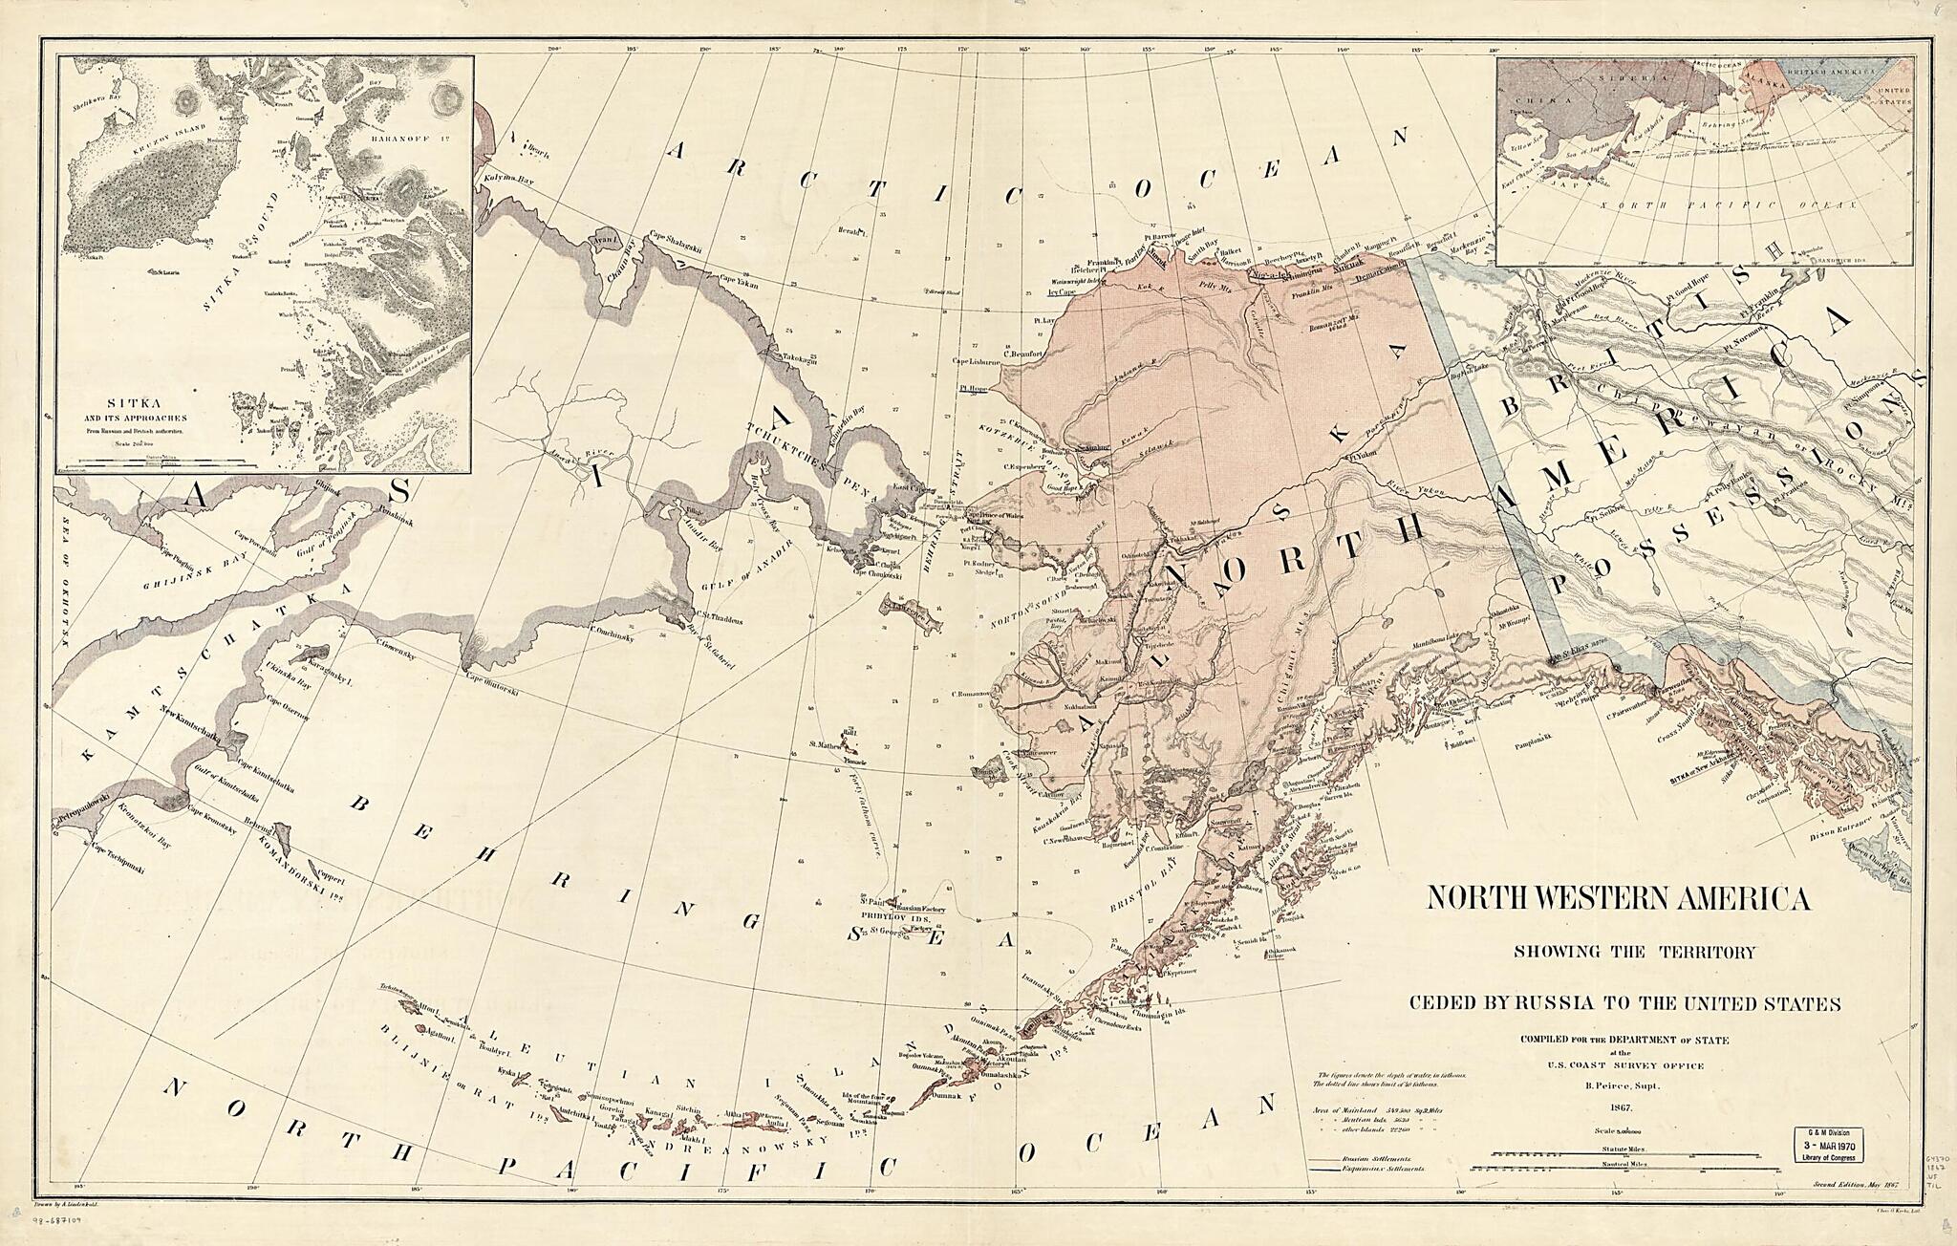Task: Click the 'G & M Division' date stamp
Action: tap(1825, 1144)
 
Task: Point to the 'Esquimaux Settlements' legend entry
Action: tap(1385, 1169)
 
